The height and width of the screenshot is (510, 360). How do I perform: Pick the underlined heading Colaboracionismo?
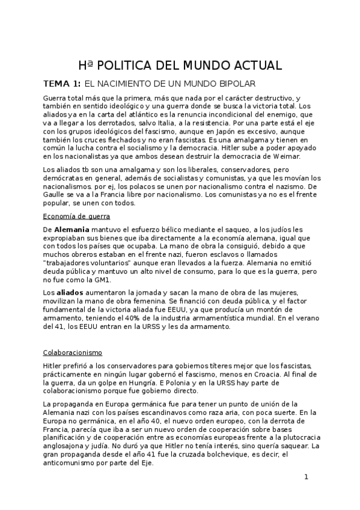[x=73, y=352]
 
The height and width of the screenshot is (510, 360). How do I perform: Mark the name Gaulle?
[x=57, y=195]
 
